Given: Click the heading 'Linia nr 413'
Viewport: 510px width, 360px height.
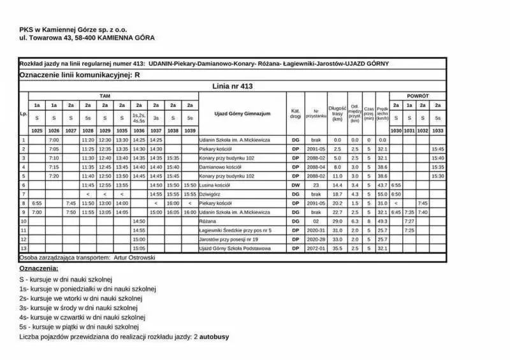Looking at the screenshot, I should click(x=233, y=85).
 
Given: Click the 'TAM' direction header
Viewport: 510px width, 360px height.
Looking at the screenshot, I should click(x=105, y=95).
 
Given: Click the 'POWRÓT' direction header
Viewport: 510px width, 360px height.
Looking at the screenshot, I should click(x=418, y=95).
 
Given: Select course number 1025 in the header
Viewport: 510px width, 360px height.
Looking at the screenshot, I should click(x=37, y=130).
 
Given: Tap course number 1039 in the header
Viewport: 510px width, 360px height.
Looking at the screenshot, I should click(x=189, y=130).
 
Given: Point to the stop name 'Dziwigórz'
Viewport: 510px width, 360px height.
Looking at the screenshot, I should click(x=211, y=194).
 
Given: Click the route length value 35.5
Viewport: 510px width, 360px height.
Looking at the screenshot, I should click(x=337, y=248).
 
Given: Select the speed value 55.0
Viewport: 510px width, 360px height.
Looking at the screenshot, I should click(x=382, y=194).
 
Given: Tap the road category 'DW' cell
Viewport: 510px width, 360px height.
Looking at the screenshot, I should click(x=295, y=185).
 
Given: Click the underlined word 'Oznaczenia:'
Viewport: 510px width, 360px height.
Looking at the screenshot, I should click(x=39, y=269).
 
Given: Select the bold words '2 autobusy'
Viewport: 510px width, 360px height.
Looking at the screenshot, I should click(x=211, y=336).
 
